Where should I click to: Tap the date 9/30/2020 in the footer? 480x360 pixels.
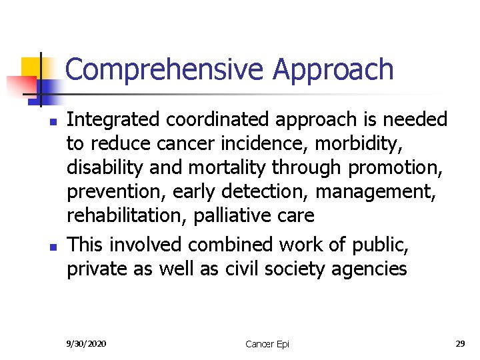tap(87, 343)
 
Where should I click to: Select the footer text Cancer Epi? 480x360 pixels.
tap(267, 344)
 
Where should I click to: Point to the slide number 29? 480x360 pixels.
tap(460, 343)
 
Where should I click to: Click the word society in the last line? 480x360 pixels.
tap(301, 269)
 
